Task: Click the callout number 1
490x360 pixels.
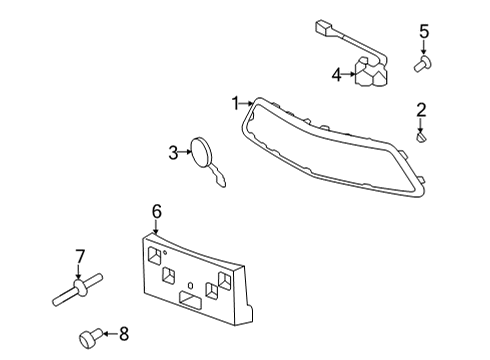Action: pyautogui.click(x=236, y=103)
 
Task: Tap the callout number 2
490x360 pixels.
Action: pyautogui.click(x=422, y=110)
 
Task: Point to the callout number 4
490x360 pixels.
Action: pyautogui.click(x=336, y=73)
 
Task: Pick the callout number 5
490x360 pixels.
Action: pyautogui.click(x=424, y=32)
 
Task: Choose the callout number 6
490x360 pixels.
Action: pyautogui.click(x=156, y=211)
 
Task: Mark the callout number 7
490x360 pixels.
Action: pyautogui.click(x=80, y=257)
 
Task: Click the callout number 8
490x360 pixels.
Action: pyautogui.click(x=125, y=334)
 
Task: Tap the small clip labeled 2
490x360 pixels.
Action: pyautogui.click(x=422, y=137)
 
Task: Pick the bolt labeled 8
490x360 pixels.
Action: pyautogui.click(x=90, y=335)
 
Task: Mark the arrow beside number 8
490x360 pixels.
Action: pyautogui.click(x=110, y=334)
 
